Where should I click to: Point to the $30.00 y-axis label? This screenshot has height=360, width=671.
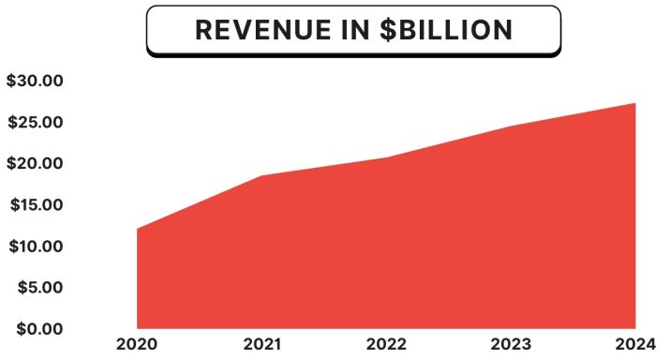coord(34,82)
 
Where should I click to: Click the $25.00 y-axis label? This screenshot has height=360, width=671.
coord(34,123)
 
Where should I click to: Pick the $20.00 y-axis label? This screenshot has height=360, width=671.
coord(34,164)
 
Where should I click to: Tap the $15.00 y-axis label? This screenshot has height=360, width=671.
coord(34,205)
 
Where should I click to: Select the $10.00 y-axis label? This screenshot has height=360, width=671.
coord(34,247)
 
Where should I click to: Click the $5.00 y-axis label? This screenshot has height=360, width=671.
coord(38,288)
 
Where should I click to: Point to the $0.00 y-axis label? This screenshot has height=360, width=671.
coord(38,329)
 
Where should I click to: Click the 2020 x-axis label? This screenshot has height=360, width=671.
coord(137,344)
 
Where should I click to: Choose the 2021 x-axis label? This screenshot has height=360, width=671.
coord(261,344)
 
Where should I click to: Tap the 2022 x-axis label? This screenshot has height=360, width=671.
coord(386,344)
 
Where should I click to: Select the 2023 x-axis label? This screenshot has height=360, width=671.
coord(511,344)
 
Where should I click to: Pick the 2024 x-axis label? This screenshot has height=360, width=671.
coord(634,344)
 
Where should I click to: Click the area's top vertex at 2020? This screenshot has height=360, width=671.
coord(138,229)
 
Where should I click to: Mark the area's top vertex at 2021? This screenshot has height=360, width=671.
coord(261,176)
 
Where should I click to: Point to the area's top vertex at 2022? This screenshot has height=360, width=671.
coord(386,157)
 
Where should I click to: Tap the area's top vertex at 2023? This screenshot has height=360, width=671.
coord(511,126)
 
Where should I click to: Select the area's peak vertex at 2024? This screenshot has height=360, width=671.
coord(635,103)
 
